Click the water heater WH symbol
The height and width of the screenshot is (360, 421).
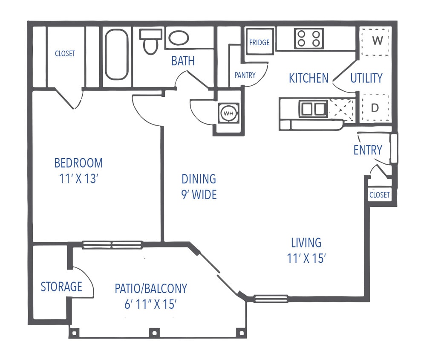coord(228,113)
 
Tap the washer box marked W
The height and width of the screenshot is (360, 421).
coord(375,41)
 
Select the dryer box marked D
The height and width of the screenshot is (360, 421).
coord(375,108)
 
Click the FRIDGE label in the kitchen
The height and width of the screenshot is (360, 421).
coord(259,42)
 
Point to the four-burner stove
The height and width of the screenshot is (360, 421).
coord(308,38)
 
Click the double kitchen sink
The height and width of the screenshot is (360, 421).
coord(313,109)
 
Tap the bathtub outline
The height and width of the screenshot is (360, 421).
coord(116,54)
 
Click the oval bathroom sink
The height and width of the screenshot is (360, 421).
coord(179,38)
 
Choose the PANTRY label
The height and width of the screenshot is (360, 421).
coord(245,75)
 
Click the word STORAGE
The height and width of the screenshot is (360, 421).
coord(61,287)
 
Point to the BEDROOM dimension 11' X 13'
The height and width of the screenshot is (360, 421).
coord(79,178)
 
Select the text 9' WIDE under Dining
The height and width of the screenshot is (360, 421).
coord(199,195)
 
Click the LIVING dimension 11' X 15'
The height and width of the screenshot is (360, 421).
coord(306,258)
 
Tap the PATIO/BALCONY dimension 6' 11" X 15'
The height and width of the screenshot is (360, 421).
coord(151,305)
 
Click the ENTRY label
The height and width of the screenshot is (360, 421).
coord(368,150)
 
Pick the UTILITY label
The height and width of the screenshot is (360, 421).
coord(366,78)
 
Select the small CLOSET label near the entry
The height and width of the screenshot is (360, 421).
coord(379,195)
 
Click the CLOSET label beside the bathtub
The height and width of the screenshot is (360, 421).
coord(65,54)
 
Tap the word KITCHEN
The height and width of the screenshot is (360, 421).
coord(309,78)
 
